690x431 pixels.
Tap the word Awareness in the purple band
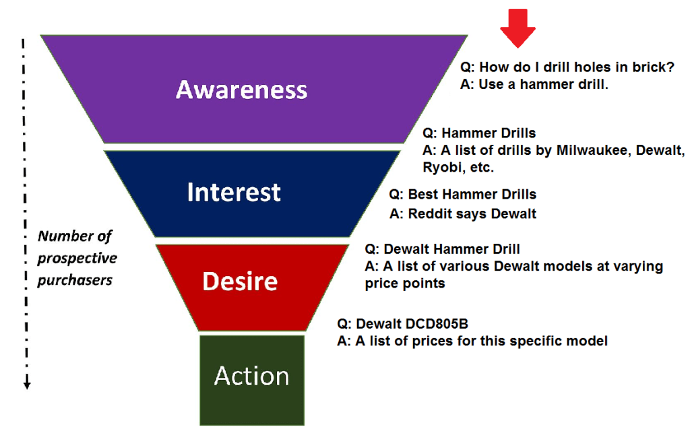241,90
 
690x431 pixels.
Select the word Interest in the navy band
233,193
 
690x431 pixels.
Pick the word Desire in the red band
240,281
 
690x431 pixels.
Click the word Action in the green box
251,376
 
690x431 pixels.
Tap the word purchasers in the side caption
74,279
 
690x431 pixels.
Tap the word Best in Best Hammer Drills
423,195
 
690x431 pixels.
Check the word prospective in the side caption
77,258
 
